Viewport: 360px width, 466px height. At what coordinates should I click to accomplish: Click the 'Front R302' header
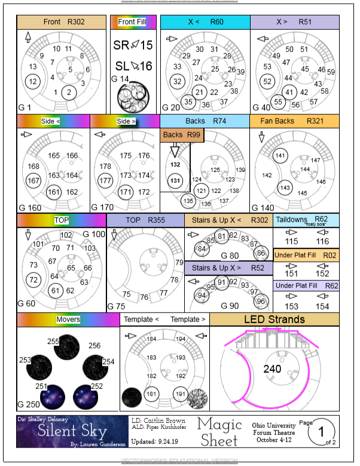(x=63, y=22)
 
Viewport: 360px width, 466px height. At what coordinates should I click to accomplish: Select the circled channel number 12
(x=33, y=81)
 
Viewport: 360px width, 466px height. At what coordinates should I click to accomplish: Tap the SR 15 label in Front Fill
(x=133, y=45)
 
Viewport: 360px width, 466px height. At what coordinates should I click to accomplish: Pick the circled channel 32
(x=178, y=81)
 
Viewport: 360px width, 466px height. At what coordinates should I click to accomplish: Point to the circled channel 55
(x=278, y=102)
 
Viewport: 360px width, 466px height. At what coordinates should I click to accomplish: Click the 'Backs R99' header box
(x=182, y=135)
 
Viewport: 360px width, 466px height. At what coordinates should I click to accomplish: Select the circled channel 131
(x=175, y=180)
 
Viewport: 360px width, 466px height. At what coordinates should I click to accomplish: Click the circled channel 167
(x=34, y=180)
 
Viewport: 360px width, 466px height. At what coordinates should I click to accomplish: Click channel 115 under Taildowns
(x=291, y=241)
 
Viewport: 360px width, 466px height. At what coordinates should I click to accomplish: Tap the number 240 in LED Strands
(x=273, y=369)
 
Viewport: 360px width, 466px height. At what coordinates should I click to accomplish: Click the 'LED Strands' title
(x=274, y=320)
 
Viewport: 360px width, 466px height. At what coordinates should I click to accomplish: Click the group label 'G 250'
(x=30, y=404)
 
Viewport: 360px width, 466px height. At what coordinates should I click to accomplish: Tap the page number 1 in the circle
(x=324, y=431)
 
